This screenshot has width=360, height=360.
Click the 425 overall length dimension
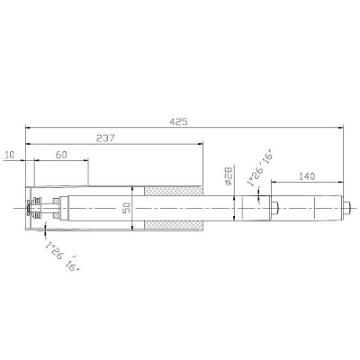178,121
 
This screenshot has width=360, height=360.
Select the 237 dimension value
105,139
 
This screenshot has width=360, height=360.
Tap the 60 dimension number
61,155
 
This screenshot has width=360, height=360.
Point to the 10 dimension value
10,155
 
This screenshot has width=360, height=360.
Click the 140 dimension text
307,176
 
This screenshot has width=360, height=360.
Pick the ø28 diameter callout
229,175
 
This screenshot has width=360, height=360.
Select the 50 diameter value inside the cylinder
127,208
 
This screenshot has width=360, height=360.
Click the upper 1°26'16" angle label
259,169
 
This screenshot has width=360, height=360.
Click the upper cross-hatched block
173,191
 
